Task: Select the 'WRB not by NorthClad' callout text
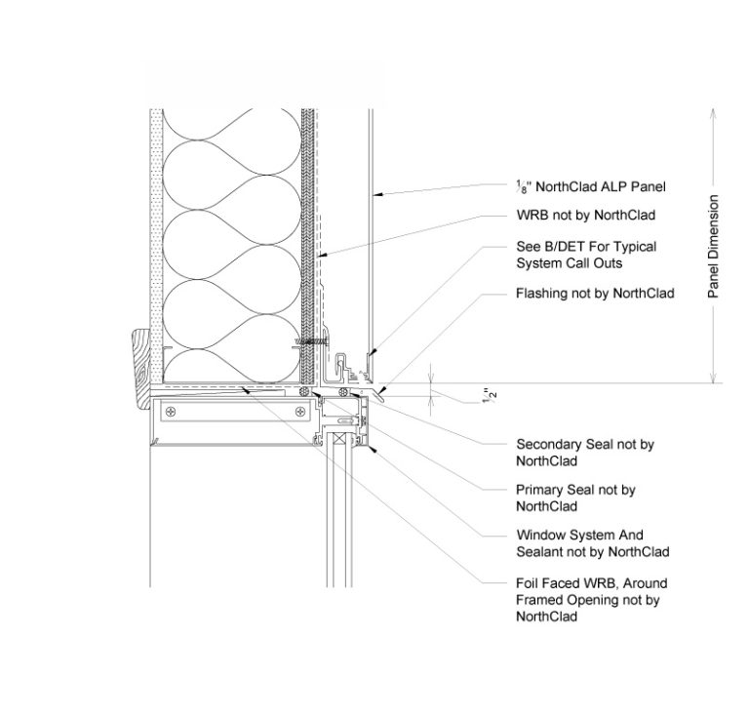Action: coord(584,216)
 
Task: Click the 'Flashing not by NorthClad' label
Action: coord(594,293)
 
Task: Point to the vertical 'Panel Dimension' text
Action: coord(714,247)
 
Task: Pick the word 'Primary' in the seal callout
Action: coord(539,490)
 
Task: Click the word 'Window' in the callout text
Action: coord(539,536)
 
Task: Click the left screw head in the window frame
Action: coord(173,413)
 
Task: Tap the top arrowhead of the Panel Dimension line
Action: coord(714,111)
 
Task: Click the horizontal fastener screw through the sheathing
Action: coord(309,342)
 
